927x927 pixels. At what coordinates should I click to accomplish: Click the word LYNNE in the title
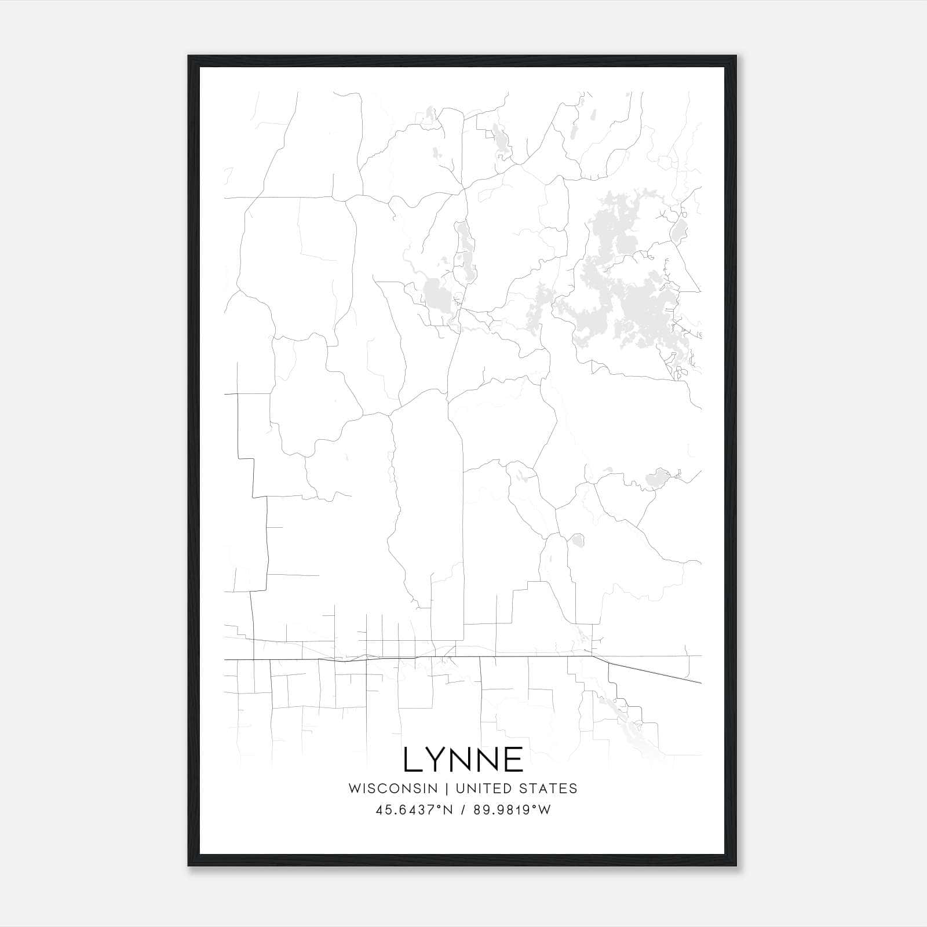pyautogui.click(x=463, y=760)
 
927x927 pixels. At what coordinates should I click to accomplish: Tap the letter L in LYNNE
pyautogui.click(x=412, y=760)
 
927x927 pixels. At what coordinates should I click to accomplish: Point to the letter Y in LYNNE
pyautogui.click(x=435, y=760)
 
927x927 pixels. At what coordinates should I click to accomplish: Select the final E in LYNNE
pyautogui.click(x=514, y=760)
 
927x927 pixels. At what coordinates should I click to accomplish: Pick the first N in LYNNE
pyautogui.click(x=461, y=760)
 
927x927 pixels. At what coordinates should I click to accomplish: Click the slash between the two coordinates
pyautogui.click(x=463, y=810)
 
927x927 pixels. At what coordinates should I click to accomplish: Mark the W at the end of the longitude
pyautogui.click(x=545, y=810)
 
